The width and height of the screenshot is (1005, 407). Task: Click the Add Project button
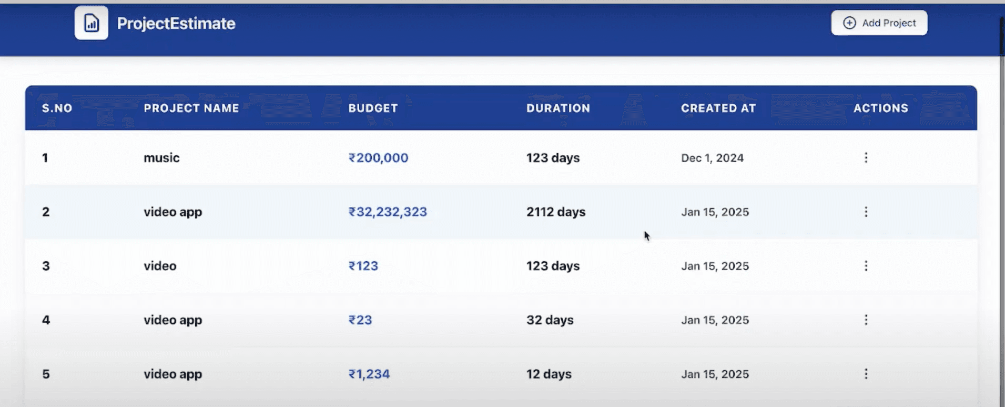pyautogui.click(x=879, y=23)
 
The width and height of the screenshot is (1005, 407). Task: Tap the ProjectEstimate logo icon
pyautogui.click(x=92, y=23)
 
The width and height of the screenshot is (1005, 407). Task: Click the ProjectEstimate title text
pyautogui.click(x=176, y=23)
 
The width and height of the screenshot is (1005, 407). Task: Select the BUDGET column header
pyautogui.click(x=373, y=108)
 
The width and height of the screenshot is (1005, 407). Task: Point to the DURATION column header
pyautogui.click(x=558, y=108)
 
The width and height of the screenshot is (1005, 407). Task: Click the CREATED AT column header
pyautogui.click(x=718, y=108)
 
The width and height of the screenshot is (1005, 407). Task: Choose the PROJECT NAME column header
pyautogui.click(x=191, y=108)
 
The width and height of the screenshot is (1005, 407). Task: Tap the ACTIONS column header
pyautogui.click(x=881, y=108)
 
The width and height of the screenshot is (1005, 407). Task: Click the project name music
pyautogui.click(x=161, y=158)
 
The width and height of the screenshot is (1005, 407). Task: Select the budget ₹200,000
pyautogui.click(x=378, y=158)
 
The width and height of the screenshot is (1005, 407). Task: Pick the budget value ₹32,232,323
pyautogui.click(x=388, y=212)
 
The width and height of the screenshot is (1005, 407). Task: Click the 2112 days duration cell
pyautogui.click(x=556, y=212)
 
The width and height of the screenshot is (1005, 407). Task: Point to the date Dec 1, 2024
pyautogui.click(x=712, y=158)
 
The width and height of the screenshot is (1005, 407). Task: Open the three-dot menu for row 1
pyautogui.click(x=866, y=157)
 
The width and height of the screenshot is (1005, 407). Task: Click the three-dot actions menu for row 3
pyautogui.click(x=866, y=265)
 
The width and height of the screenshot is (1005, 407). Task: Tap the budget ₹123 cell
pyautogui.click(x=363, y=266)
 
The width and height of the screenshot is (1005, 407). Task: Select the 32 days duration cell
pyautogui.click(x=550, y=320)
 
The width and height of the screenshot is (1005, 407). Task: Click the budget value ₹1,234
pyautogui.click(x=369, y=374)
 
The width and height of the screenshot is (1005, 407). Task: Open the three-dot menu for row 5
pyautogui.click(x=866, y=374)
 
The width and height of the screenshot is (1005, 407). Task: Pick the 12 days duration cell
pyautogui.click(x=549, y=374)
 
